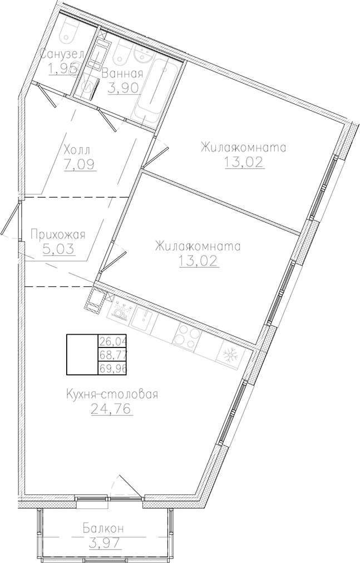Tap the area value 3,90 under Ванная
123,88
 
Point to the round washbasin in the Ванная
142,55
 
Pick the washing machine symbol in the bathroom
88,87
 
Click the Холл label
76,150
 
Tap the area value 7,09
80,164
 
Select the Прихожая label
58,234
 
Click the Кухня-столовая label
111,395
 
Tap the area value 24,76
111,410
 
